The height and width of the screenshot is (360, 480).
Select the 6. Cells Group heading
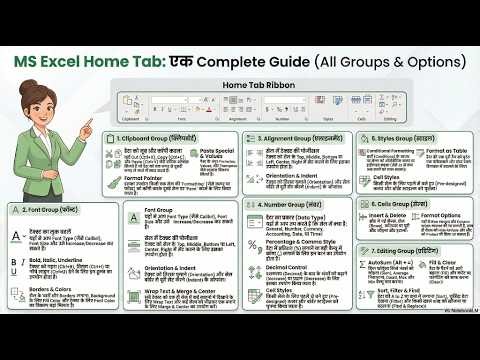[403, 203]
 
